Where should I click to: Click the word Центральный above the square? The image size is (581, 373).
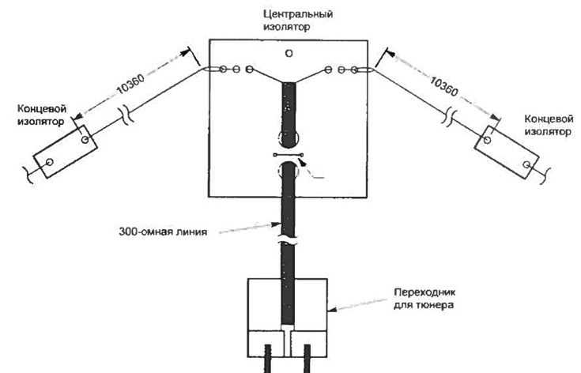tap(298, 14)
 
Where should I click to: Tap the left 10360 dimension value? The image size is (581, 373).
tap(130, 84)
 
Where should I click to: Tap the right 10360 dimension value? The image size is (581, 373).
tap(444, 86)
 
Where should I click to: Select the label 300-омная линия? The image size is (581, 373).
tap(163, 232)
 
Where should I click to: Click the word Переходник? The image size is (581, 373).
tap(424, 292)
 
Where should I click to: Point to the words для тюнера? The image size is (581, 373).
tap(424, 305)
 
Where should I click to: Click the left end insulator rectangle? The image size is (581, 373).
tap(66, 152)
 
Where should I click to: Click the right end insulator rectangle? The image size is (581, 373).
tap(507, 153)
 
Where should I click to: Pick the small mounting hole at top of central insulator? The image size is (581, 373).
tap(289, 53)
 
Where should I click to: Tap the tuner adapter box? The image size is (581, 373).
tap(287, 318)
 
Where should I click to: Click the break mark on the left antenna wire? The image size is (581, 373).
tap(126, 116)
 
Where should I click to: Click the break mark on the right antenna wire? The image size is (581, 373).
tap(450, 116)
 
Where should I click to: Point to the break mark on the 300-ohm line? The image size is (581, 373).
tap(288, 240)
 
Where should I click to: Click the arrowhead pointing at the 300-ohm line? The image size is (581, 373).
tap(276, 224)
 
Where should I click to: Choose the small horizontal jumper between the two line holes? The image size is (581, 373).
tap(289, 155)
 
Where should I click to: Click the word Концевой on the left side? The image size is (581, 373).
tap(42, 109)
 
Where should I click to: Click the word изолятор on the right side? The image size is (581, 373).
tap(548, 131)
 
